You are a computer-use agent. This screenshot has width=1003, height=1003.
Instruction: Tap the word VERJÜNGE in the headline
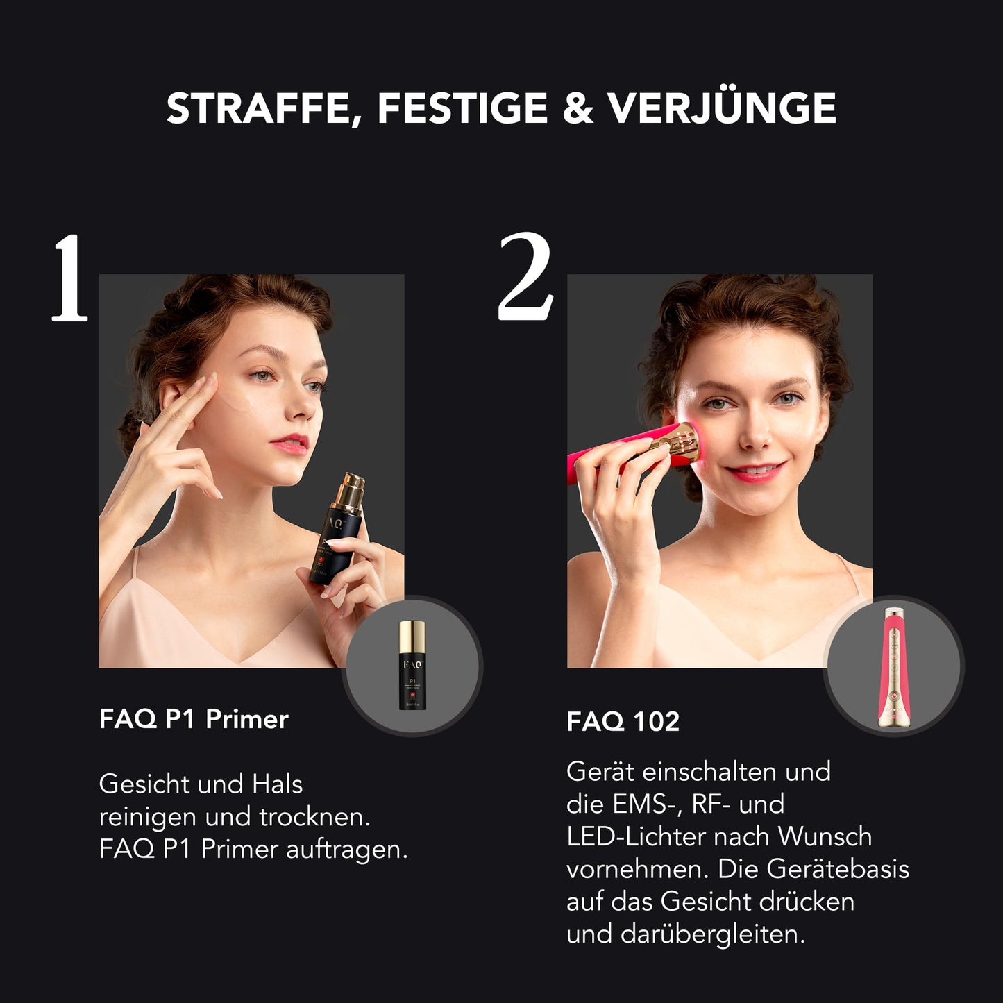721,109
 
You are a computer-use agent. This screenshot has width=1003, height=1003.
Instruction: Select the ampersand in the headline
578,109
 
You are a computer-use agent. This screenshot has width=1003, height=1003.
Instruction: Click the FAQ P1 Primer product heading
193,719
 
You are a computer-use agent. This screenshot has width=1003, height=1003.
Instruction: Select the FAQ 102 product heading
623,722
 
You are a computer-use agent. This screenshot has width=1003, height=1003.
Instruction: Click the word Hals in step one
277,784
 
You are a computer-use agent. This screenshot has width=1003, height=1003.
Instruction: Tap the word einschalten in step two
710,772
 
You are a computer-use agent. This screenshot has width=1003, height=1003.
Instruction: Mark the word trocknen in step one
314,817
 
